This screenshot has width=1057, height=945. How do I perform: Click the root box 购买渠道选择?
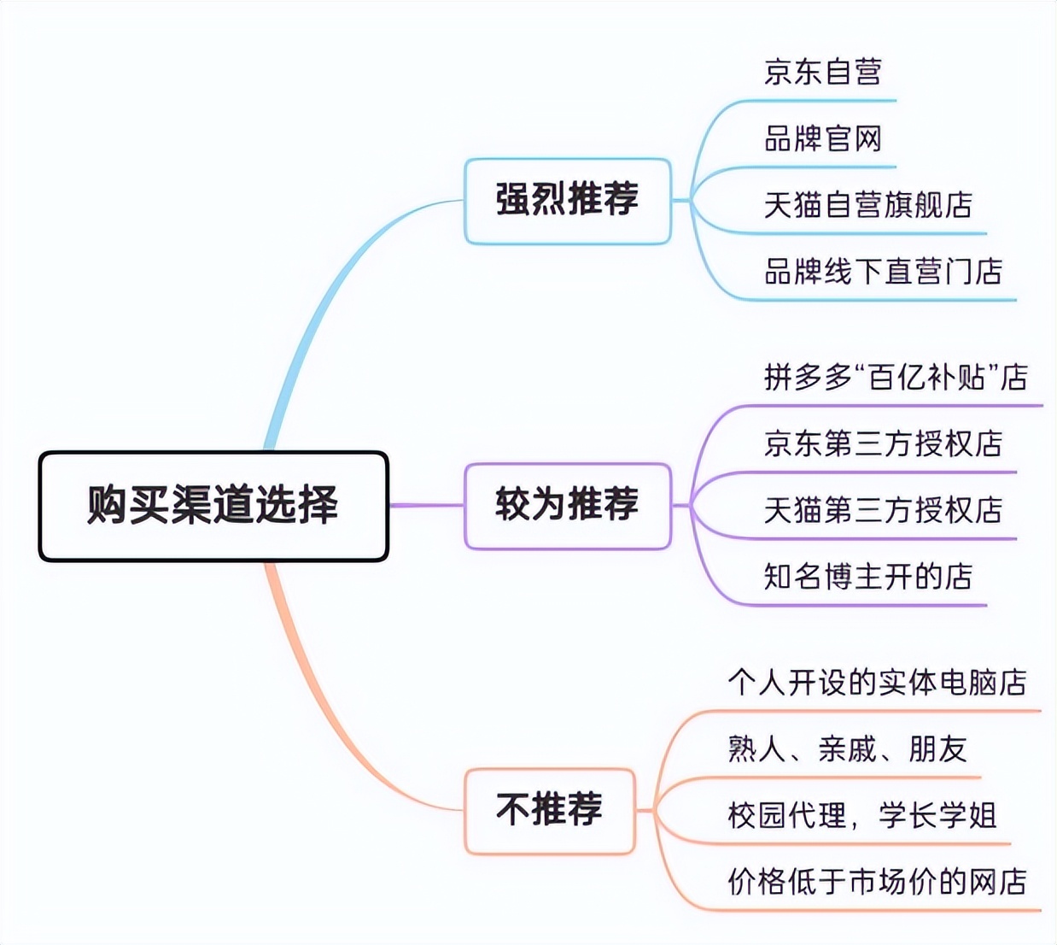click(x=213, y=505)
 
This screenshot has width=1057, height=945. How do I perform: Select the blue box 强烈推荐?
click(x=567, y=200)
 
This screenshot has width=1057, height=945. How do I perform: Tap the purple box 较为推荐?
click(x=567, y=505)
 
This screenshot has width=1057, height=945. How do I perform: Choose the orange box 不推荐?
click(x=549, y=810)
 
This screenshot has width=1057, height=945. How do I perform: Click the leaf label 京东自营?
click(x=822, y=72)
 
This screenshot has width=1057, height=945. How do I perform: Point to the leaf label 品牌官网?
click(x=822, y=138)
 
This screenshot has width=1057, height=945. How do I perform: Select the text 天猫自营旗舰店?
click(x=867, y=205)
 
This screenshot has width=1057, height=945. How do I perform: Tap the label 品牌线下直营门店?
click(x=883, y=272)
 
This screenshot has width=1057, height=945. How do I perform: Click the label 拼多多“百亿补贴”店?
click(x=896, y=377)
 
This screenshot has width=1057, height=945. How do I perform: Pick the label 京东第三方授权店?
click(x=883, y=443)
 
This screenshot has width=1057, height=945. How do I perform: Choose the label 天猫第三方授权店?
click(x=883, y=510)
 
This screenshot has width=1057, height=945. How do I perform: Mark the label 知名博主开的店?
click(x=867, y=577)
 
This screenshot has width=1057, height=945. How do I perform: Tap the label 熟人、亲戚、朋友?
click(x=847, y=749)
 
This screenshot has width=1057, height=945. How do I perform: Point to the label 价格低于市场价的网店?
click(x=877, y=882)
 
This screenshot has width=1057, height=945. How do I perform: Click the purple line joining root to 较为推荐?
click(x=426, y=505)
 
